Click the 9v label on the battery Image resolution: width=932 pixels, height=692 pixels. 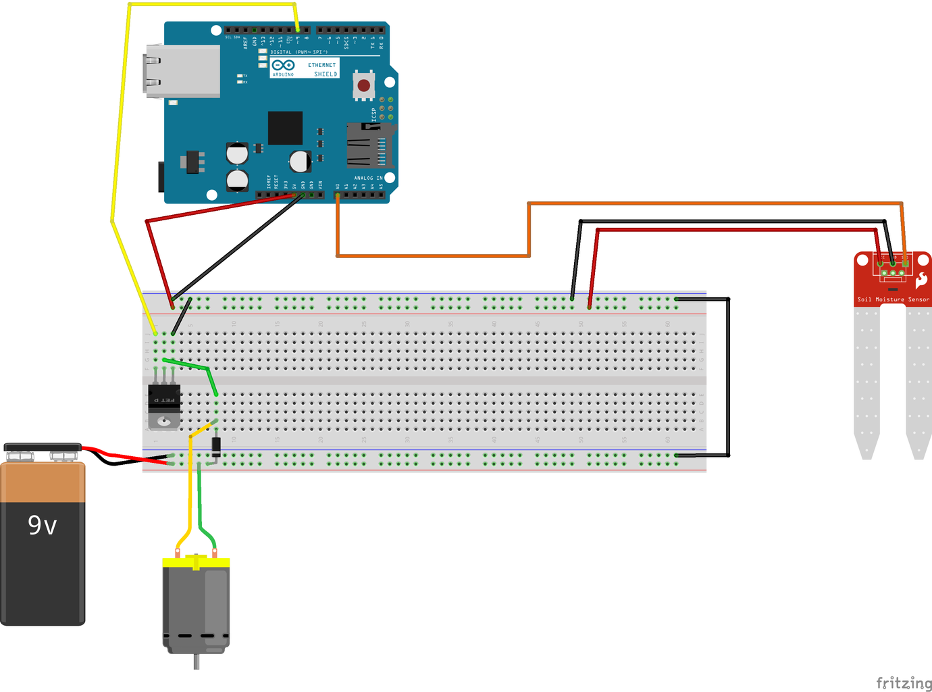coord(42,524)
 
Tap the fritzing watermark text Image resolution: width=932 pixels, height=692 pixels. coord(904,683)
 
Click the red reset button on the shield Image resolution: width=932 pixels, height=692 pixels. coord(364,85)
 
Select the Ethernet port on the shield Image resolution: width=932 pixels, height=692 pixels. coord(181,71)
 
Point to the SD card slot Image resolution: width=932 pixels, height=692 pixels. coord(369,145)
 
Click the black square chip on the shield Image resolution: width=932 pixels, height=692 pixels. coord(285,128)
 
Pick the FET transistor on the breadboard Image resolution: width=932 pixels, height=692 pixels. coord(164,405)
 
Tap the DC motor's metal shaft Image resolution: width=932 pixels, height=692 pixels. coord(197,662)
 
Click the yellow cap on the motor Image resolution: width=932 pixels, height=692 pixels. coord(196,562)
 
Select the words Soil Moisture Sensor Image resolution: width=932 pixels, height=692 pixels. coord(893,299)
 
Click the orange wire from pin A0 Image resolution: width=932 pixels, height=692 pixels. coord(432,255)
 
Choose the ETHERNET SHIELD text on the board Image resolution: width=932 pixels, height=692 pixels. coord(322,70)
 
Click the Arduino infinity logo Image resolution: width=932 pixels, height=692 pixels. coord(283,66)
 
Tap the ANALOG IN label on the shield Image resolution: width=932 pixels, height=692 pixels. coord(368,178)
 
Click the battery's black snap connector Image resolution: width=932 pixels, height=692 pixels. coord(42,447)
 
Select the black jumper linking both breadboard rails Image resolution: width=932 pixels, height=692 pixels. coord(728,377)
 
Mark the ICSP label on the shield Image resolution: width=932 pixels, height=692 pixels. coord(373,114)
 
